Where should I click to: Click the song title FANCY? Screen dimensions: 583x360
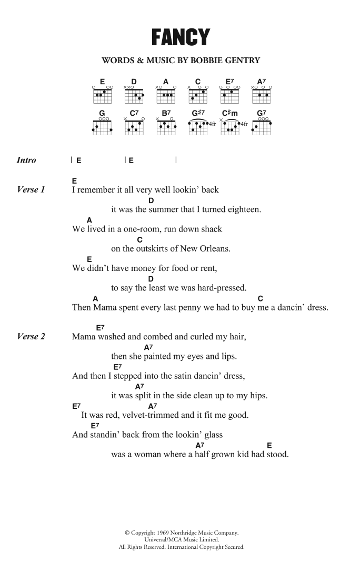(181, 37)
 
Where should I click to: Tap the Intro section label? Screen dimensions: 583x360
(26, 160)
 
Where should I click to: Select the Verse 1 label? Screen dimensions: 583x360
(32, 189)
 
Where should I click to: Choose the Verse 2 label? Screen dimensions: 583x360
(32, 336)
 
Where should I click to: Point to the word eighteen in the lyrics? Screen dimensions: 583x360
(244, 209)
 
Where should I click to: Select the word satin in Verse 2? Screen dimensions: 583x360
(171, 376)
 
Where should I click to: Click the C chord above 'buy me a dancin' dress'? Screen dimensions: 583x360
(261, 298)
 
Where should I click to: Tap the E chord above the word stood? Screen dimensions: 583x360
(269, 445)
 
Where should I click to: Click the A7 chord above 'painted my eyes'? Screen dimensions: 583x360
(148, 347)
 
